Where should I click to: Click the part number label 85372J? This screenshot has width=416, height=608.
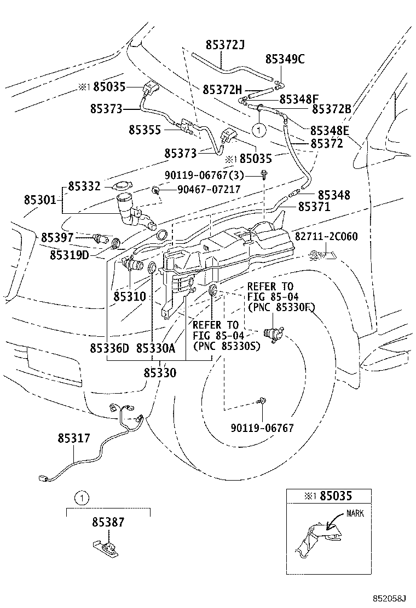[x=225, y=45]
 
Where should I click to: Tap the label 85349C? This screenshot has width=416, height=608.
[x=285, y=59]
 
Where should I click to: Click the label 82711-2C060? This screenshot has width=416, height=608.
[x=326, y=236]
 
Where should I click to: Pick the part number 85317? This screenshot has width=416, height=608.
[x=74, y=439]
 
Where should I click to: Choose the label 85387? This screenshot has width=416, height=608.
[x=108, y=523]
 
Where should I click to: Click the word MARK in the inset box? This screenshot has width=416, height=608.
[x=354, y=513]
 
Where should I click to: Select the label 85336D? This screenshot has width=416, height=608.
[x=109, y=348]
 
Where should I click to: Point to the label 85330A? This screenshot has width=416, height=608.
[x=155, y=348]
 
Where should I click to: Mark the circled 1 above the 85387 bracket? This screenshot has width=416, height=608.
[x=81, y=498]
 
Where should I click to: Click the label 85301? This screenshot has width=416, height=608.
[x=39, y=200]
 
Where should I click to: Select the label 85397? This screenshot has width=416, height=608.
[x=57, y=238]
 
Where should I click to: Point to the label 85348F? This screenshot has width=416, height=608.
[x=299, y=99]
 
